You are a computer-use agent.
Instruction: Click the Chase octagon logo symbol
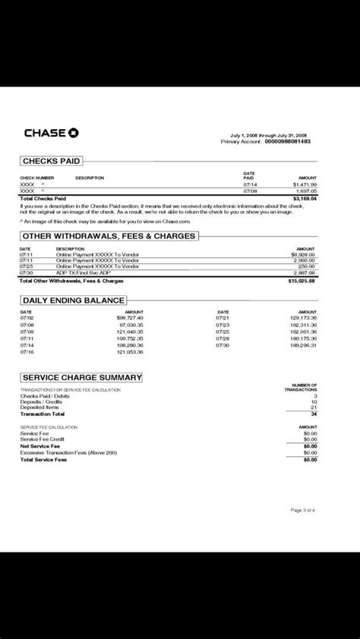pos(73,134)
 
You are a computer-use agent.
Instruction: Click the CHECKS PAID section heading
pos(51,162)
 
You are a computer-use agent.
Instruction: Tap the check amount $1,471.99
pos(305,184)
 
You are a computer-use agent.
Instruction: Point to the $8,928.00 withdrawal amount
pos(302,254)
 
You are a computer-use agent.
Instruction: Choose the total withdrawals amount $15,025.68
pos(302,281)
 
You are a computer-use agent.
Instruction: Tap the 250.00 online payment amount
pos(305,266)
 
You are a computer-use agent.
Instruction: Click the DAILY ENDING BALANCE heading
pos(73,301)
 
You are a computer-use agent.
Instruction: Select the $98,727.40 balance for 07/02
pos(129,318)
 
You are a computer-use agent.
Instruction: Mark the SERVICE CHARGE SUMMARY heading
pos(81,377)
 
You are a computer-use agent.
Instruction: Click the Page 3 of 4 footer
pos(303,511)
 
